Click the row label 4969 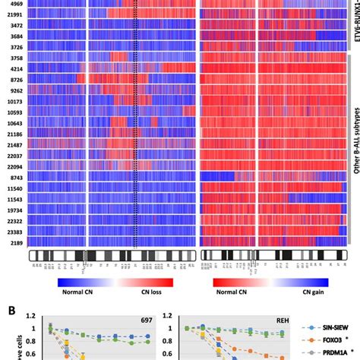(x=15, y=4)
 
